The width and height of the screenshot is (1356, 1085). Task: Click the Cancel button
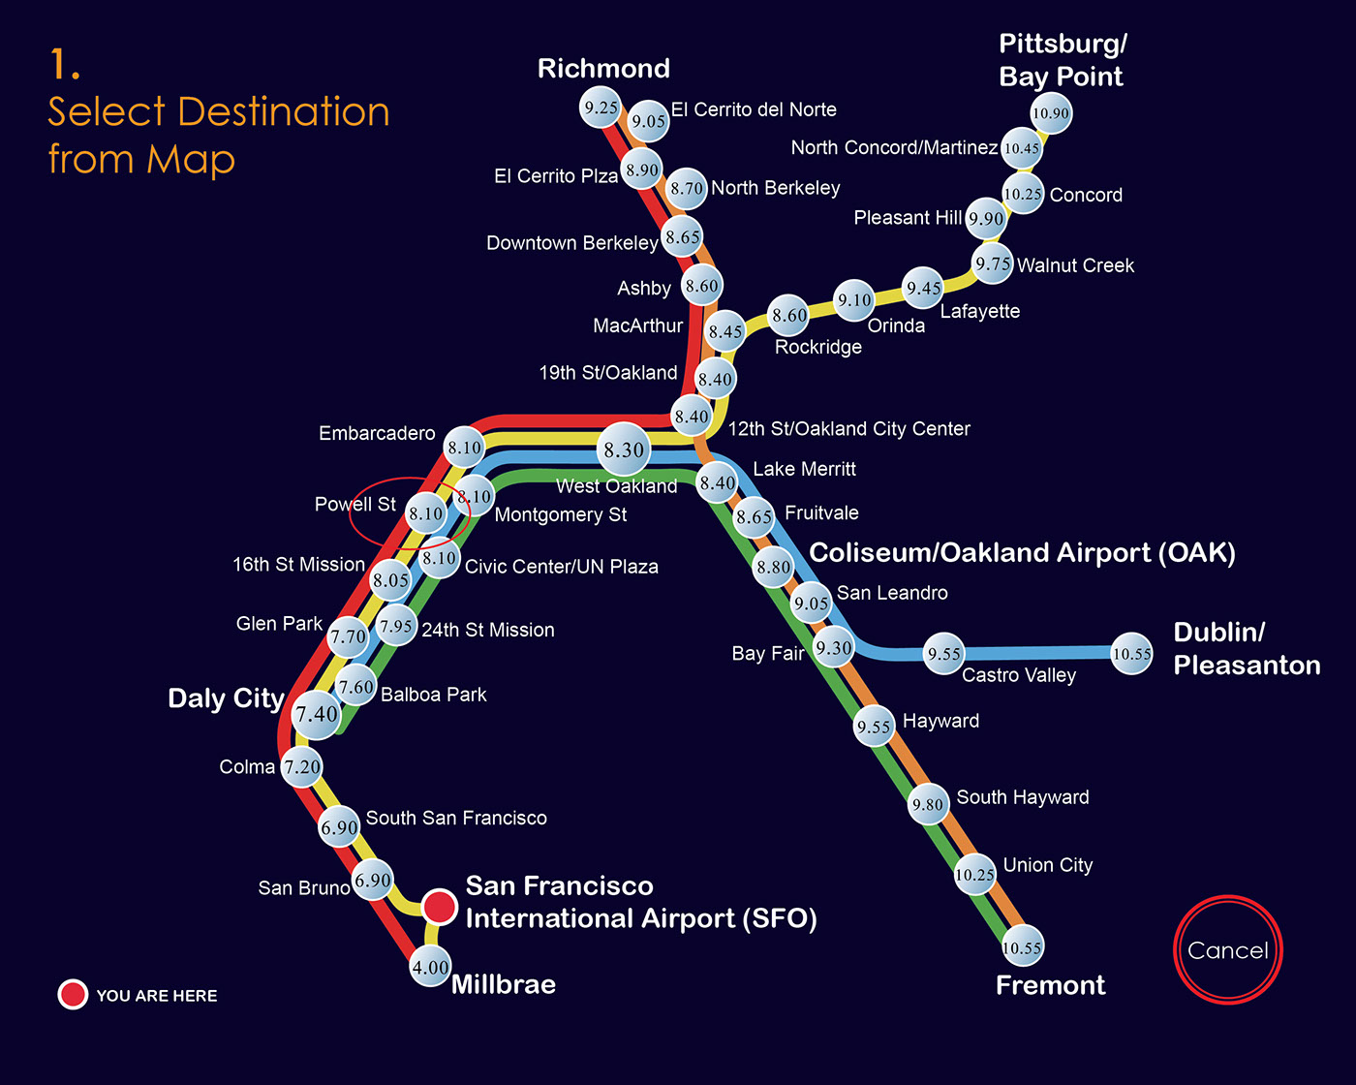[x=1227, y=950]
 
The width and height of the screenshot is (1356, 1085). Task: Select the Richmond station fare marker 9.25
[x=601, y=108]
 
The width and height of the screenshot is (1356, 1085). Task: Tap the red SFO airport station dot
[x=440, y=907]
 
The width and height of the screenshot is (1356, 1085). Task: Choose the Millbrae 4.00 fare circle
[x=430, y=967]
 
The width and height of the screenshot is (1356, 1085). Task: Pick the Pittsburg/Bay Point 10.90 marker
[x=1051, y=113]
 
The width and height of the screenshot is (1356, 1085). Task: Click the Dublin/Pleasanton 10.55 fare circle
[x=1131, y=654]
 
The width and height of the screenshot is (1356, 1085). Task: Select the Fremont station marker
[x=1022, y=947]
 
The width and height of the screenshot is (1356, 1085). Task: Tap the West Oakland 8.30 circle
[x=625, y=449]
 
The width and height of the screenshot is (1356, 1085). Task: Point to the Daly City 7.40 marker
[x=317, y=715]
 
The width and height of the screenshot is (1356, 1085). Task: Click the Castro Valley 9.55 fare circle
[x=944, y=654]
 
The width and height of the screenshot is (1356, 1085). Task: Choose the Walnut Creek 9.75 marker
[x=993, y=263]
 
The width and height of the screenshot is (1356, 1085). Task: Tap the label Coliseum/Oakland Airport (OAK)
[x=1022, y=552]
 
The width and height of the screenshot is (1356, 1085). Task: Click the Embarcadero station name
[x=377, y=433]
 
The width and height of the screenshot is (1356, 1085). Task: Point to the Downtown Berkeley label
[x=571, y=242]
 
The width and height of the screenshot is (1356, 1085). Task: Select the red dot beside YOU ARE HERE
[x=73, y=995]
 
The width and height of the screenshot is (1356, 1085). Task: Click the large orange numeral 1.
[x=63, y=65]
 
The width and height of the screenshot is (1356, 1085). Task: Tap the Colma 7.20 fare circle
[x=302, y=766]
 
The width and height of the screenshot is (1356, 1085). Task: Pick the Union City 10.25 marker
[x=974, y=875]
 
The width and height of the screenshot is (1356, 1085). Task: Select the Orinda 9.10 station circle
[x=854, y=300]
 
